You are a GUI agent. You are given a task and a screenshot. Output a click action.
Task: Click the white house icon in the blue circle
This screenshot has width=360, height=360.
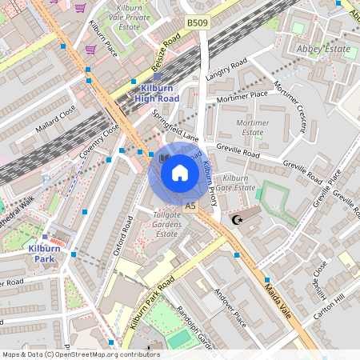click(x=180, y=172)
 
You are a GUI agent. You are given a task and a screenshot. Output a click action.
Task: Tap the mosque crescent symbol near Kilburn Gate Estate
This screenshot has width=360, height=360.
click(x=235, y=219)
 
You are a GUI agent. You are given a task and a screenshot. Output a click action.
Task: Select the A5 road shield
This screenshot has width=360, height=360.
click(x=190, y=206)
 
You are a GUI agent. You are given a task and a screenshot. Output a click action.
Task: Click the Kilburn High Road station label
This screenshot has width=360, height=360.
click(x=156, y=93)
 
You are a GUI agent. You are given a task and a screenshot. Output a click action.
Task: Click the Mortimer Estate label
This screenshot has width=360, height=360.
click(x=252, y=127)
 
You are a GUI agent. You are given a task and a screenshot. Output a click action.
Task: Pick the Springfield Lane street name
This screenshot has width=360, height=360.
click(x=176, y=126)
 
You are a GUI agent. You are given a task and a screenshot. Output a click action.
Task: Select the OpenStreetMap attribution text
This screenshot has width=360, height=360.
click(x=80, y=354)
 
